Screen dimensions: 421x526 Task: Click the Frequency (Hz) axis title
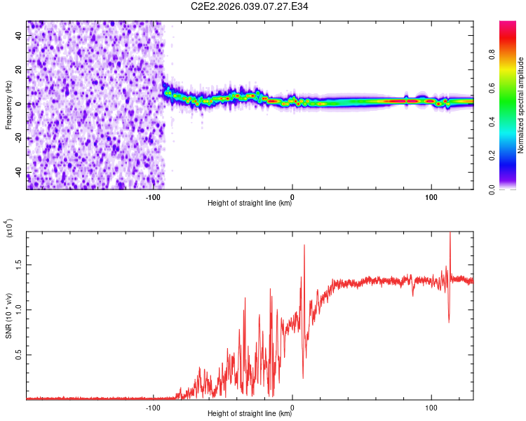tap(8, 105)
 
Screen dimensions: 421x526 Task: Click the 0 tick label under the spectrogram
tap(292, 196)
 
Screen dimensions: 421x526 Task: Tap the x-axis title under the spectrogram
tap(250, 203)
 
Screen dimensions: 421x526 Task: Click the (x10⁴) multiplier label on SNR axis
tap(9, 229)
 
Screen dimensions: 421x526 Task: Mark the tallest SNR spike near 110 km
tap(450, 235)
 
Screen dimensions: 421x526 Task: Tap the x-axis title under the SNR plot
tap(250, 414)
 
